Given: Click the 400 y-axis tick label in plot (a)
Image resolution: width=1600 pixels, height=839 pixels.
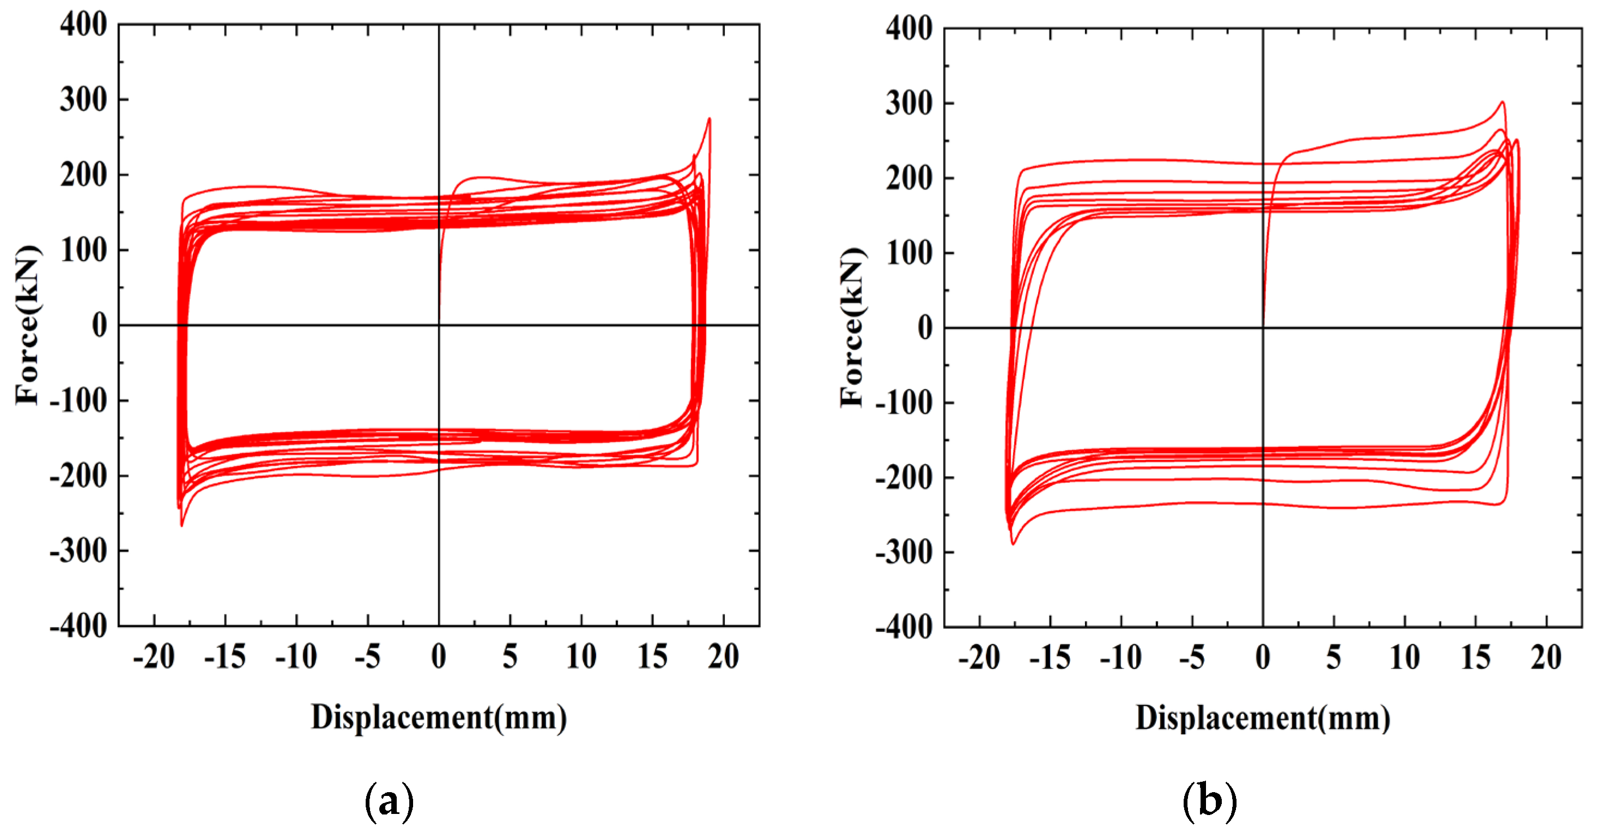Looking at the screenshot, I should [83, 26].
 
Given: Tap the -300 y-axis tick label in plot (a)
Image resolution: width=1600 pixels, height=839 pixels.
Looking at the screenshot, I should [78, 551].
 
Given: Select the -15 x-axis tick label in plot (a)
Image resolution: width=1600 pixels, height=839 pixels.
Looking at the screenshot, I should [225, 657].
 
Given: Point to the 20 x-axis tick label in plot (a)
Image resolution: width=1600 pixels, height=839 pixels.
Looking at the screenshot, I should [723, 657].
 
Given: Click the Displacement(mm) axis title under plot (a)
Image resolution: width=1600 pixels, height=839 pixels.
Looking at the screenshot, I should [439, 718].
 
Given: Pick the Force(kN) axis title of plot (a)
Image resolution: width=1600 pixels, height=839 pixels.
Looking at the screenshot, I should [28, 325].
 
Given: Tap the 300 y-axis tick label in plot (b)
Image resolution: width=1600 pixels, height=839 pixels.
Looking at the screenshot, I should [908, 103].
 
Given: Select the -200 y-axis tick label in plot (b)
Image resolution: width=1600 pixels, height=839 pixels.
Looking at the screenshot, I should [904, 478].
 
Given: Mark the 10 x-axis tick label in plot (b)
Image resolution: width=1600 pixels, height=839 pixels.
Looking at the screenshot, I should [1404, 658].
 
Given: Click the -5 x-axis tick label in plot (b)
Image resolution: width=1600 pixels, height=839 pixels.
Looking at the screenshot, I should [1191, 658].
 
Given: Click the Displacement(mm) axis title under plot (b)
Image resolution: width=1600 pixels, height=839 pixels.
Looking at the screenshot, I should [1263, 719].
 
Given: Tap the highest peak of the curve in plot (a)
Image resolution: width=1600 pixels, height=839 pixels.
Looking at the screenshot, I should [710, 119].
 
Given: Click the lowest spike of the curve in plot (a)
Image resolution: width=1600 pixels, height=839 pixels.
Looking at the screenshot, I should [181, 525].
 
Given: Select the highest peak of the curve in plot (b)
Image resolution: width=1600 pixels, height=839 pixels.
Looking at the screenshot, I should [1502, 102].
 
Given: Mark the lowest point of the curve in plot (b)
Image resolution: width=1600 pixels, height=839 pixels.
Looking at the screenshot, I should [1013, 544].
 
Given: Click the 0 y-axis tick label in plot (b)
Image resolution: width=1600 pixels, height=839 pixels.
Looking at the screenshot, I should [925, 328].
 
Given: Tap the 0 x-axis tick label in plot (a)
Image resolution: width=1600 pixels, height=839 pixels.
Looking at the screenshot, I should [439, 657].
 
